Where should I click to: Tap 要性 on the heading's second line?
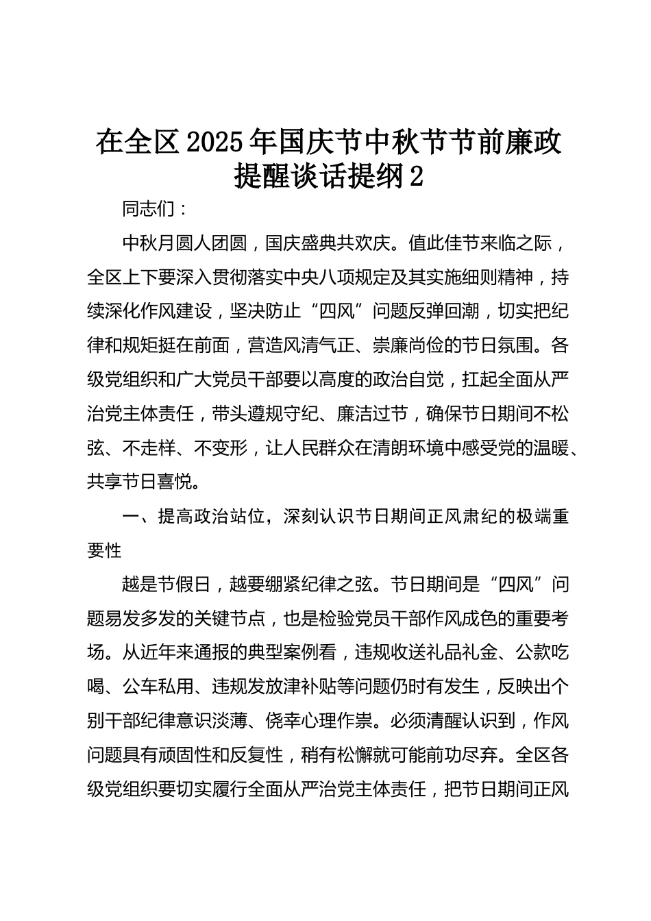click(104, 550)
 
